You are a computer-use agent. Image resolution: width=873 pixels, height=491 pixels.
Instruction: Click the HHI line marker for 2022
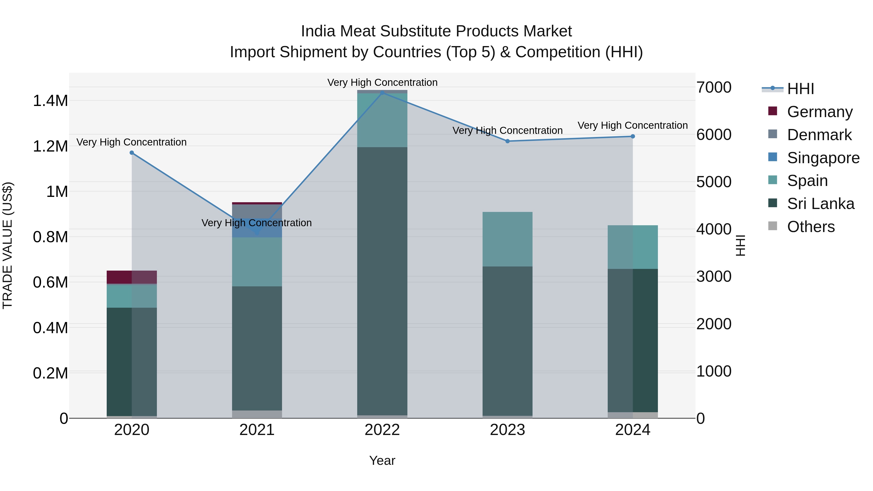[x=382, y=93]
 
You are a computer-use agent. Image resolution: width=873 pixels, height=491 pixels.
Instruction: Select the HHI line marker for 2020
[x=132, y=153]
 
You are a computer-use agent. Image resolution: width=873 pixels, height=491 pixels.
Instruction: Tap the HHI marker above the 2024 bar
[x=633, y=137]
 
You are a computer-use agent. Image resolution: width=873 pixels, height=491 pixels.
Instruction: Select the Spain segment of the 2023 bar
[x=507, y=239]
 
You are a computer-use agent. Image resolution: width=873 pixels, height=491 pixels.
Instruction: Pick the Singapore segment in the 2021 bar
[x=257, y=228]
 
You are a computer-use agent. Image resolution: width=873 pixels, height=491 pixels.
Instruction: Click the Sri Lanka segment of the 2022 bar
[x=382, y=281]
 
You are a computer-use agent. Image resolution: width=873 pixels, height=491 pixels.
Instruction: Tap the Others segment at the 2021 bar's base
[x=257, y=414]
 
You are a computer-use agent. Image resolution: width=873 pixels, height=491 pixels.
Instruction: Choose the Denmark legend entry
[x=819, y=135]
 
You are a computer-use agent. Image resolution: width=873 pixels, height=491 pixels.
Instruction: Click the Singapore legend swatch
[x=773, y=157]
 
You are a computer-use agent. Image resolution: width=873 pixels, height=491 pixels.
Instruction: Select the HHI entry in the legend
[x=800, y=89]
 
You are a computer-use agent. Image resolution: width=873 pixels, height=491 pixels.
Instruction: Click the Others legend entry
[x=811, y=227]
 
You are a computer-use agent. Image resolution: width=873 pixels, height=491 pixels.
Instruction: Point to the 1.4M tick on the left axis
[x=50, y=101]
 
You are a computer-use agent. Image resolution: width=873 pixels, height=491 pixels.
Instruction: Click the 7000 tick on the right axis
[x=714, y=88]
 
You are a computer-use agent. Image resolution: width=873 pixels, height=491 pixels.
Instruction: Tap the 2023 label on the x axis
[x=507, y=430]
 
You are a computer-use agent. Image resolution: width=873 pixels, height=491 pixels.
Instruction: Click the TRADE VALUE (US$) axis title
[x=8, y=245]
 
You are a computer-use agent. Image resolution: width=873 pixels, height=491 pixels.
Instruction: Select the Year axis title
[x=382, y=460]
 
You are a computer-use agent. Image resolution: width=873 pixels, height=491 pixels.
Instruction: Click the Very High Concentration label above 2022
[x=382, y=82]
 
